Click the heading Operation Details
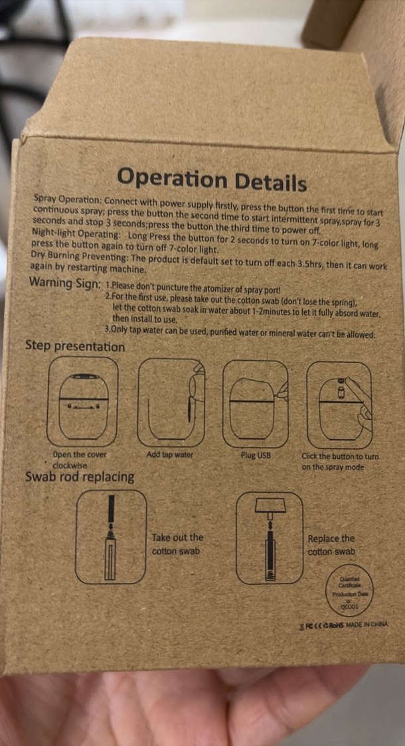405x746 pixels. pyautogui.click(x=212, y=180)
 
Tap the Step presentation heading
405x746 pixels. pyautogui.click(x=75, y=346)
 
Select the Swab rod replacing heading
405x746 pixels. pyautogui.click(x=80, y=477)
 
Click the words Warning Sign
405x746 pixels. pyautogui.click(x=64, y=283)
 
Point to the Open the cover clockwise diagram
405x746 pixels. pyautogui.click(x=82, y=402)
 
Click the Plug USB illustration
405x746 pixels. pyautogui.click(x=256, y=404)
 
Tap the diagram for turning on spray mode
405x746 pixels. pyautogui.click(x=339, y=405)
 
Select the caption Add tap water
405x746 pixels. pyautogui.click(x=170, y=455)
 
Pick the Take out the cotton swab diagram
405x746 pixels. pyautogui.click(x=110, y=537)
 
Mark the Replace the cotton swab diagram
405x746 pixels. pyautogui.click(x=269, y=538)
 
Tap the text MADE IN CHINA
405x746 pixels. pyautogui.click(x=367, y=624)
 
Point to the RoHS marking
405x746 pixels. pyautogui.click(x=337, y=624)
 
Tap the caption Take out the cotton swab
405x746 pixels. pyautogui.click(x=177, y=544)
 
